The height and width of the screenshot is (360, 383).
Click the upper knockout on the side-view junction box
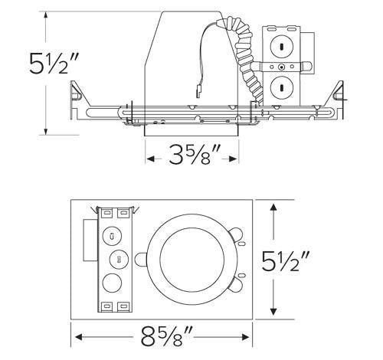pos(281,45)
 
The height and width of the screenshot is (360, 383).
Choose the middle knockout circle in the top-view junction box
pos(116,260)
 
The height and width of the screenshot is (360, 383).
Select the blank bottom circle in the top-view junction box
pos(116,283)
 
